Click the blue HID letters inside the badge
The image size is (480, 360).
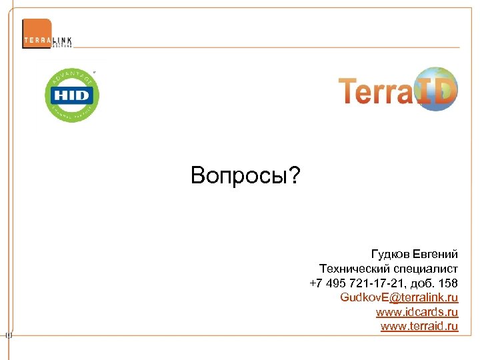(71, 95)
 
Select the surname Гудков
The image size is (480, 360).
(390, 254)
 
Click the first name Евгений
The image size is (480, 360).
(435, 254)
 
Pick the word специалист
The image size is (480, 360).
(424, 269)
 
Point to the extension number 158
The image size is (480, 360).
(448, 283)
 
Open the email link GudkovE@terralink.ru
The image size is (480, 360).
(399, 297)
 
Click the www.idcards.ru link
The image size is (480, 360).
(417, 311)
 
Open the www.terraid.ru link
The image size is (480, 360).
(419, 326)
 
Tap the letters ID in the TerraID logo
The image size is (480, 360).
(434, 91)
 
